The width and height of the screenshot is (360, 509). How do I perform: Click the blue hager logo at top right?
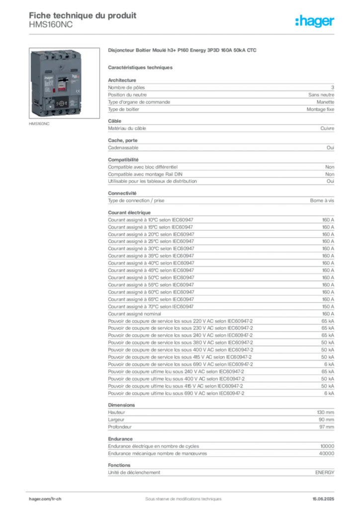pyautogui.click(x=316, y=22)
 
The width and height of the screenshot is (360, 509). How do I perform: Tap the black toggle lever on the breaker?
pyautogui.click(x=63, y=80)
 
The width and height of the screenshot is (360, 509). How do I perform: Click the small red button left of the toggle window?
pyautogui.click(x=54, y=90)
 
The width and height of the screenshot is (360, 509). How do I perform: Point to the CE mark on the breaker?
pyautogui.click(x=78, y=91)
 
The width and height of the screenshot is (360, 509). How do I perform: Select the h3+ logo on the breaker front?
pyautogui.click(x=76, y=76)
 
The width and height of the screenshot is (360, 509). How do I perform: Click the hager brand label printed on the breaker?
pyautogui.click(x=49, y=78)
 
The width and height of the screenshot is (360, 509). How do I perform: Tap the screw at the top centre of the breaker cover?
pyautogui.click(x=61, y=67)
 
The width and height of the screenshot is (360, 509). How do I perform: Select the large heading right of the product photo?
pyautogui.click(x=183, y=51)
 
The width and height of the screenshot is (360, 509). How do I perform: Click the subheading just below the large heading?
pyautogui.click(x=141, y=67)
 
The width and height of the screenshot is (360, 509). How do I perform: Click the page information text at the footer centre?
pyautogui.click(x=179, y=496)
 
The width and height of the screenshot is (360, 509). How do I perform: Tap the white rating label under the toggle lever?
pyautogui.click(x=62, y=85)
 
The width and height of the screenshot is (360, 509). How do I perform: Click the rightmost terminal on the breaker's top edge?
pyautogui.click(x=74, y=56)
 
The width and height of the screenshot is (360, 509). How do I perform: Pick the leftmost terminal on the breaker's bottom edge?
pyautogui.click(x=46, y=113)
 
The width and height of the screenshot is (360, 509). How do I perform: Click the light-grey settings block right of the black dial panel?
pyautogui.click(x=74, y=103)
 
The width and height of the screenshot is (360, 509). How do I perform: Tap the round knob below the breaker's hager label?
pyautogui.click(x=50, y=106)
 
